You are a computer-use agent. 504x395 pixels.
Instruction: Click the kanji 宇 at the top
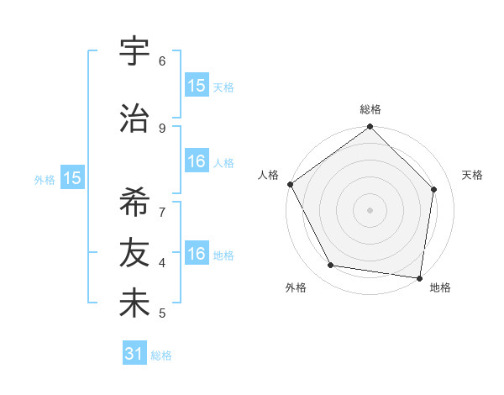tap(134, 52)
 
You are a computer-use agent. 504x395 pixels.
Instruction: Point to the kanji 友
tap(134, 252)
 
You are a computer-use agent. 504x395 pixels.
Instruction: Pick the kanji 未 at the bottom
tap(134, 303)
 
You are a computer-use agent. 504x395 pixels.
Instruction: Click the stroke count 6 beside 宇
tap(162, 61)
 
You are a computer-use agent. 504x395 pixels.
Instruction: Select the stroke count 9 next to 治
tap(162, 128)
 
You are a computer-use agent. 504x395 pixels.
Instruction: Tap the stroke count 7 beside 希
tap(162, 211)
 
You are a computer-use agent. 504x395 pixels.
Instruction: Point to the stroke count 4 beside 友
tap(162, 262)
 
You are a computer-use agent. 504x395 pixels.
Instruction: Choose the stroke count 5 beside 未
tap(162, 313)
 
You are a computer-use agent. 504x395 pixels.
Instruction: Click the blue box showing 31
tap(134, 355)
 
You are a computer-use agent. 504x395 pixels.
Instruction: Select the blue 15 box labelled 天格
tap(197, 86)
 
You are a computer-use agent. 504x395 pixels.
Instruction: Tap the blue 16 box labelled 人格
tap(197, 161)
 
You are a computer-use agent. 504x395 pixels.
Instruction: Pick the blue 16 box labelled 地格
tap(197, 255)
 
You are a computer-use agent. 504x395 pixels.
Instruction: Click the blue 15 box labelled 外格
tap(72, 178)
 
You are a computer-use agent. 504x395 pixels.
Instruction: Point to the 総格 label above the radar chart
tap(370, 109)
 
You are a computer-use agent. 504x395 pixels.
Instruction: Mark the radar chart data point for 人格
tap(291, 184)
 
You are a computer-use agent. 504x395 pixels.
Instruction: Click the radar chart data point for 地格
tap(419, 276)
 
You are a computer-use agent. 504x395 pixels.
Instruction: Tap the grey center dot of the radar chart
tap(370, 209)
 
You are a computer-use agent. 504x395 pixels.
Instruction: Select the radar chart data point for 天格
tap(434, 189)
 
